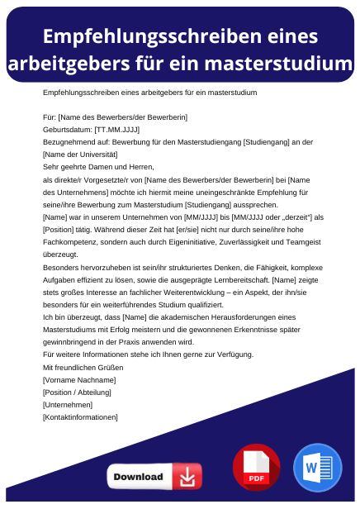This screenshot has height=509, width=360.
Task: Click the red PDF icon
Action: (256, 468)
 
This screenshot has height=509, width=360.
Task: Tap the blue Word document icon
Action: (317, 468)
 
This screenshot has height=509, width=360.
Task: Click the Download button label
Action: (138, 477)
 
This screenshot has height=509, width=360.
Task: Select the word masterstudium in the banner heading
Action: (280, 63)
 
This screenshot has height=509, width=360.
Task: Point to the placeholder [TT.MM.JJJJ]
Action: (117, 131)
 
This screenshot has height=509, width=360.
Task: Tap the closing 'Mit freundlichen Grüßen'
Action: (83, 366)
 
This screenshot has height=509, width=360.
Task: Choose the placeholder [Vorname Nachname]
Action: (78, 379)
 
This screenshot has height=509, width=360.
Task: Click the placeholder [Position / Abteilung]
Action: (80, 392)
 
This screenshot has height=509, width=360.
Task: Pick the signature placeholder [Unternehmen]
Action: (67, 405)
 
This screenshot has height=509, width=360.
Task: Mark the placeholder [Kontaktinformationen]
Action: (80, 417)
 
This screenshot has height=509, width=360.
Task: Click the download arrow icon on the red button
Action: (187, 477)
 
